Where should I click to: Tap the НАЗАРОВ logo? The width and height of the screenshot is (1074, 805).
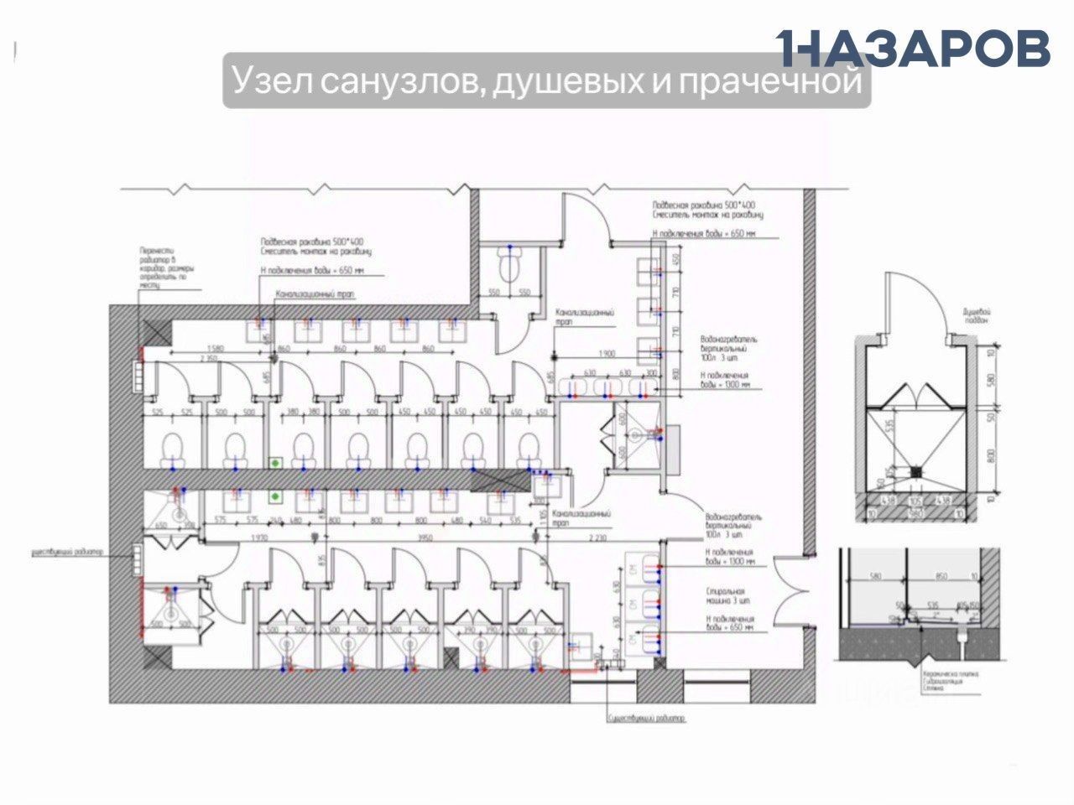tap(913, 48)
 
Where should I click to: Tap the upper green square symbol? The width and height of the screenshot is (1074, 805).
tap(274, 462)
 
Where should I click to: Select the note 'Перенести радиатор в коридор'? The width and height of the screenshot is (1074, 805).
tap(167, 267)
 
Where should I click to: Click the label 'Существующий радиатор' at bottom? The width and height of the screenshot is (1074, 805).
tap(646, 718)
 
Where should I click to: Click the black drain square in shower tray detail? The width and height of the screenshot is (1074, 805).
tap(917, 471)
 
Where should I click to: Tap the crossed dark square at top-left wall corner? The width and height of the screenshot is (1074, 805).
tap(154, 333)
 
